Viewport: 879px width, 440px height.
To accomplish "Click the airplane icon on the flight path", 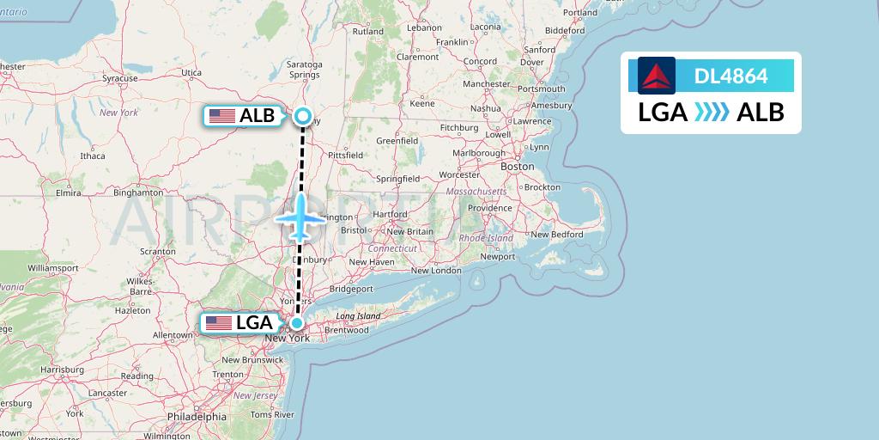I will click(300, 217).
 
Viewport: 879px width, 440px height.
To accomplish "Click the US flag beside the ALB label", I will click(222, 116).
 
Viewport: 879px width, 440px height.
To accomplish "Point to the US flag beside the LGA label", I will click(219, 323).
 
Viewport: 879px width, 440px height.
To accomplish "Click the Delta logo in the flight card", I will click(657, 76).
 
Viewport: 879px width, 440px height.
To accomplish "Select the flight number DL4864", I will click(730, 76).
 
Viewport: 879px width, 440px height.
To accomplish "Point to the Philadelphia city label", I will click(197, 416).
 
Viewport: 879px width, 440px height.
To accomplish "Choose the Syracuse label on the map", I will click(120, 78).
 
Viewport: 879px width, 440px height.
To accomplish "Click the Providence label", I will click(489, 208).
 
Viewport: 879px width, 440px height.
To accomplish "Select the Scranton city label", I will click(158, 251).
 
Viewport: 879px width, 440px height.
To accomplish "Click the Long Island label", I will click(358, 316).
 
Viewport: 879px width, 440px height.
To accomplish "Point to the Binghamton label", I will click(137, 192).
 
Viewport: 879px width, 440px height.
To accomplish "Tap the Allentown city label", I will click(172, 334).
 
